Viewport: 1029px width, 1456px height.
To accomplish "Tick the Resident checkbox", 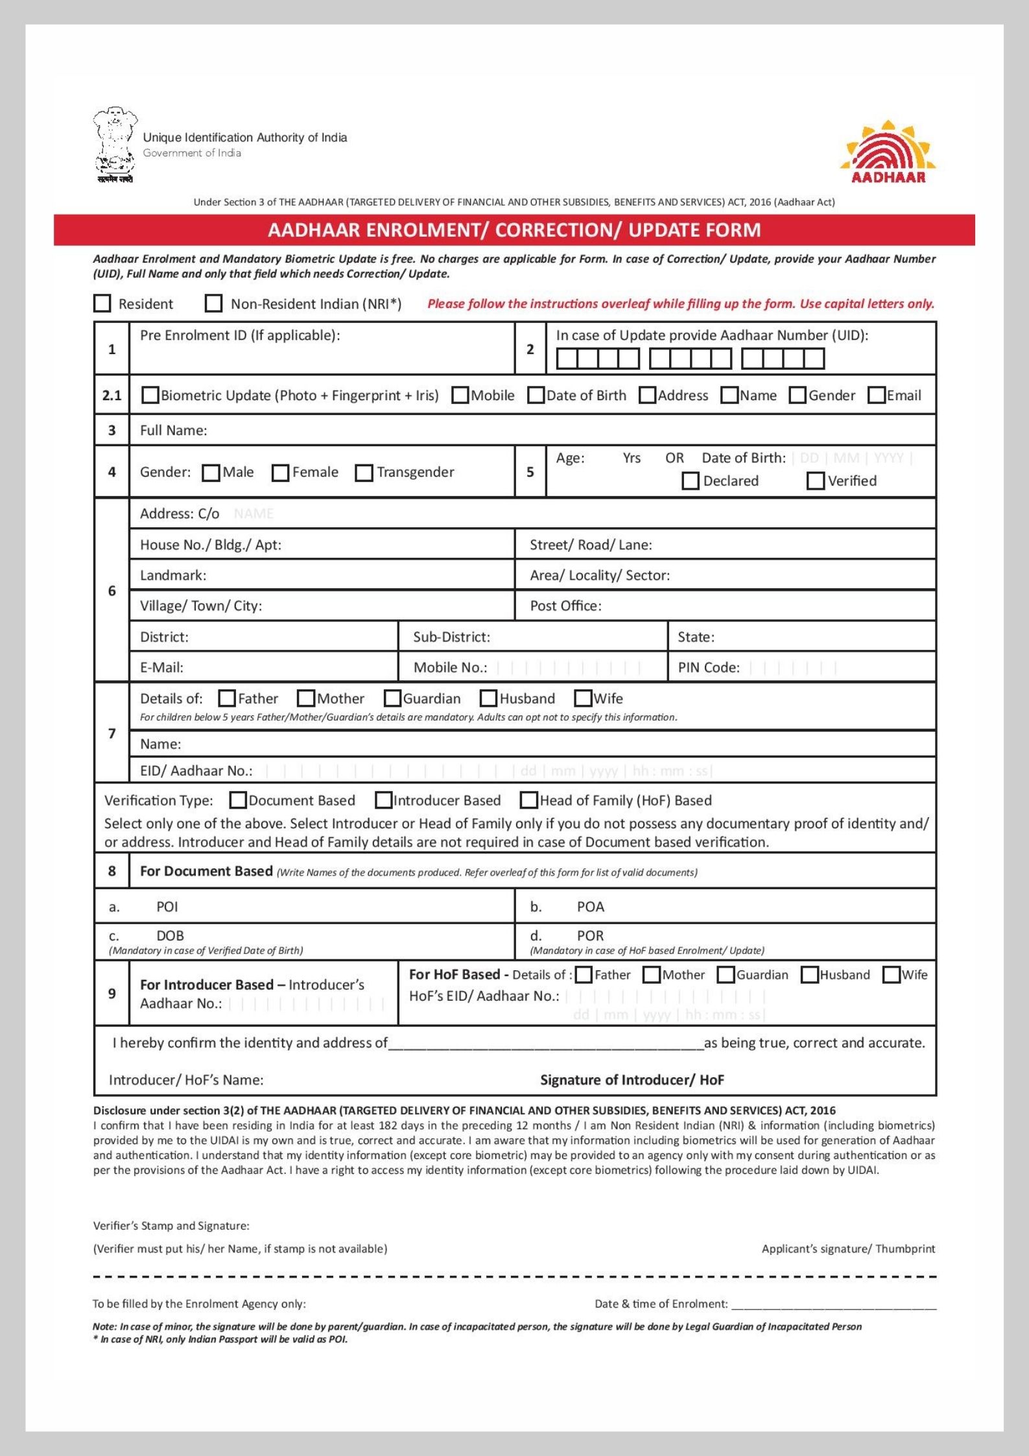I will (102, 304).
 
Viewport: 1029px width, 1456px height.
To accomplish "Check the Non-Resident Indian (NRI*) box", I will (213, 304).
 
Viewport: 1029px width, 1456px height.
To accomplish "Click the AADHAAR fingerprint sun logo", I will (888, 152).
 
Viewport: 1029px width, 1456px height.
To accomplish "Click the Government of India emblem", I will (115, 145).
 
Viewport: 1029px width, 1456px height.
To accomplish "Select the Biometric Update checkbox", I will (150, 395).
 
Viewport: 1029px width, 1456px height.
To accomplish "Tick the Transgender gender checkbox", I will (364, 473).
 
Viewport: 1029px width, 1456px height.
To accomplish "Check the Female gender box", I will (280, 473).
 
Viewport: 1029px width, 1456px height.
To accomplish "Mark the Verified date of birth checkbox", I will (815, 481).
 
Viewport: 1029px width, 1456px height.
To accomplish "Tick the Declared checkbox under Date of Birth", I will (691, 481).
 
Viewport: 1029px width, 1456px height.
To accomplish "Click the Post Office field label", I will (565, 606).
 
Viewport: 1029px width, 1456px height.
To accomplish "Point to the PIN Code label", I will (709, 667).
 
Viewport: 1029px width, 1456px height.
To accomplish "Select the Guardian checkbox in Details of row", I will (392, 698).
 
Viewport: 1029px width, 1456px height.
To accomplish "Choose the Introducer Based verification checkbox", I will (384, 800).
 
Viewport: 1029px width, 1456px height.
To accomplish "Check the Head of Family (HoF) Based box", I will (529, 800).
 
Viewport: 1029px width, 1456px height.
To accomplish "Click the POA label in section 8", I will (590, 907).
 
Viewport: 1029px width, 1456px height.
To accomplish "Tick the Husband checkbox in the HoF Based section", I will (809, 975).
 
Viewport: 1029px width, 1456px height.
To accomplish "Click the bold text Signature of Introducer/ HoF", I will (632, 1080).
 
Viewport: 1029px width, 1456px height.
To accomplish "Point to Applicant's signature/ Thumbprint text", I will (848, 1248).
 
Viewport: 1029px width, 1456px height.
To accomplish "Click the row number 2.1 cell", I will (112, 395).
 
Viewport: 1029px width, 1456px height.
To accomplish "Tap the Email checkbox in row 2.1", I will (877, 395).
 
